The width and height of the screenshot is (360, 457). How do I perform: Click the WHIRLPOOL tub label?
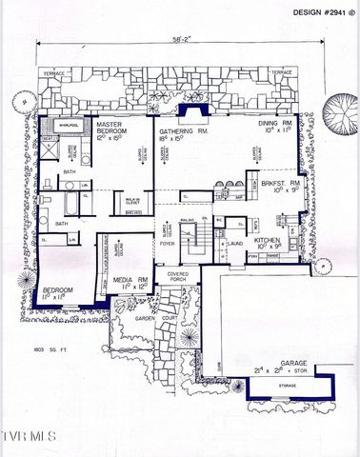pos(68,125)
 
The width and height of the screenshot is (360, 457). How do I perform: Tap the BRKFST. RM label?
pos(283,186)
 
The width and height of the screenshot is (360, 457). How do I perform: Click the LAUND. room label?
pos(236,244)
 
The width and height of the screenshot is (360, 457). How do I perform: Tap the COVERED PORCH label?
pos(179,278)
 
